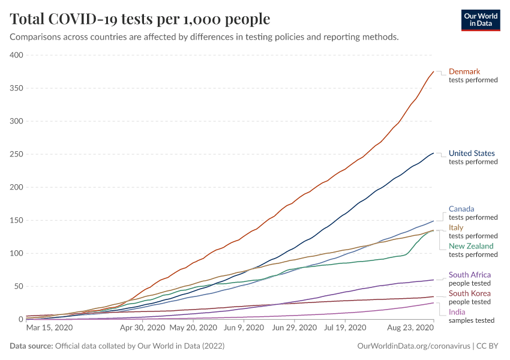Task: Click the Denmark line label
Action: [464, 71]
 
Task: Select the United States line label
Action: [472, 154]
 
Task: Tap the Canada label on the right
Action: [461, 209]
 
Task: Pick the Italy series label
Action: [456, 227]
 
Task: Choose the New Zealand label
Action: [471, 246]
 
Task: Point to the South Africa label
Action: [470, 275]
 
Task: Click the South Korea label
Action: [470, 293]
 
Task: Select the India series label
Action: [457, 312]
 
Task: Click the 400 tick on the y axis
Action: [16, 55]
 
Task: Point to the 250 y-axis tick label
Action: [16, 154]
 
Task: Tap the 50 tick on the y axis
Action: [18, 286]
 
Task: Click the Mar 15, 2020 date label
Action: [49, 328]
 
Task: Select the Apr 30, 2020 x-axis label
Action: [142, 328]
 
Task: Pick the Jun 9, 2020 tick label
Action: [243, 328]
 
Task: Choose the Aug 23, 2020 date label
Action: [410, 328]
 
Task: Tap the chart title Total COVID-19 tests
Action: [140, 19]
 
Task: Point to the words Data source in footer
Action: [31, 347]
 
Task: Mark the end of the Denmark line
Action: [433, 72]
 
